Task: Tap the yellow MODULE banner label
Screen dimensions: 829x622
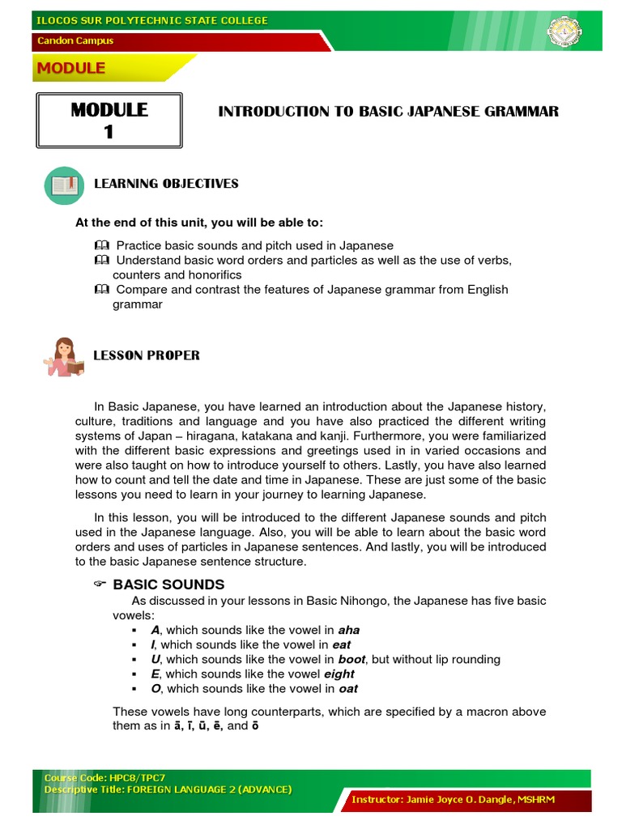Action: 70,69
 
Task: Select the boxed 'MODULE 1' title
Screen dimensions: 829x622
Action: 109,121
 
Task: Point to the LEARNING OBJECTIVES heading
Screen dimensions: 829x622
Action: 166,184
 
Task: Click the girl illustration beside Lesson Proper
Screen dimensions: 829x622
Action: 64,357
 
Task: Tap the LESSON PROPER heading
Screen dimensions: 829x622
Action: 147,355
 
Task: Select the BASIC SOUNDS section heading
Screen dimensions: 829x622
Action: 168,585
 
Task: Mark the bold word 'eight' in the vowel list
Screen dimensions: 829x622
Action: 339,674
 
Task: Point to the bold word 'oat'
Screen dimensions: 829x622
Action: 348,689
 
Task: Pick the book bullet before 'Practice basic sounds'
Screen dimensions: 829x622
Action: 100,245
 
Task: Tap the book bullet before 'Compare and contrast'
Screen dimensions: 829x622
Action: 100,289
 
